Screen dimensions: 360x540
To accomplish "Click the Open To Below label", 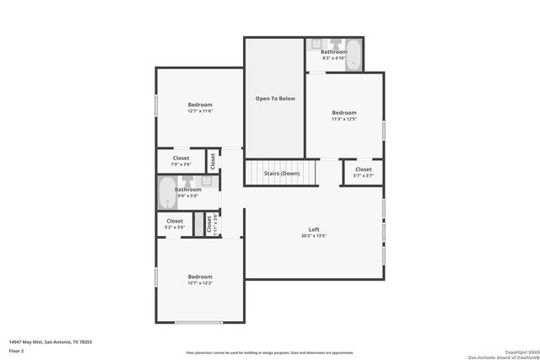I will coord(275,99).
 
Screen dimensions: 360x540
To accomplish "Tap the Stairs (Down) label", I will coord(282,173).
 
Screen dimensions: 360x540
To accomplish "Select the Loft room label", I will coord(314,229).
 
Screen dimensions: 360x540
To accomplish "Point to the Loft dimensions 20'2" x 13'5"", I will coord(314,236).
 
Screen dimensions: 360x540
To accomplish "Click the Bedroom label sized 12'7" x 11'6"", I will coord(200,105).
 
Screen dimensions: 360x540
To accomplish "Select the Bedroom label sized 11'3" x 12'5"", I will coord(343,112).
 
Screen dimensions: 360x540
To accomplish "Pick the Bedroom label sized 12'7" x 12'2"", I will coord(200,277).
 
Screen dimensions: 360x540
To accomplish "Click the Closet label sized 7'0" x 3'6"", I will coord(181,158).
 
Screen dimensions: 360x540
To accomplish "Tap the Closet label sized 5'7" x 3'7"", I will coord(363,169).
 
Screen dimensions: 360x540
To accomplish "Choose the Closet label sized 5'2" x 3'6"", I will coord(175,221).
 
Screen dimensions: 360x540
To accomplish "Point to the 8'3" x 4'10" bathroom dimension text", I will coord(333,58).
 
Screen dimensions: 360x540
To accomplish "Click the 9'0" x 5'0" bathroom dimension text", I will coord(188,196).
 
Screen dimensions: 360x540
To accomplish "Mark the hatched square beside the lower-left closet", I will coord(199,224).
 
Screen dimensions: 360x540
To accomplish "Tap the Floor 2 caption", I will coord(17,350).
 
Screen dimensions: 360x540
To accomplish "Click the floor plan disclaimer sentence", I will coord(270,353).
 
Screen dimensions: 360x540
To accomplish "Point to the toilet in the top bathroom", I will coord(335,43).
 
